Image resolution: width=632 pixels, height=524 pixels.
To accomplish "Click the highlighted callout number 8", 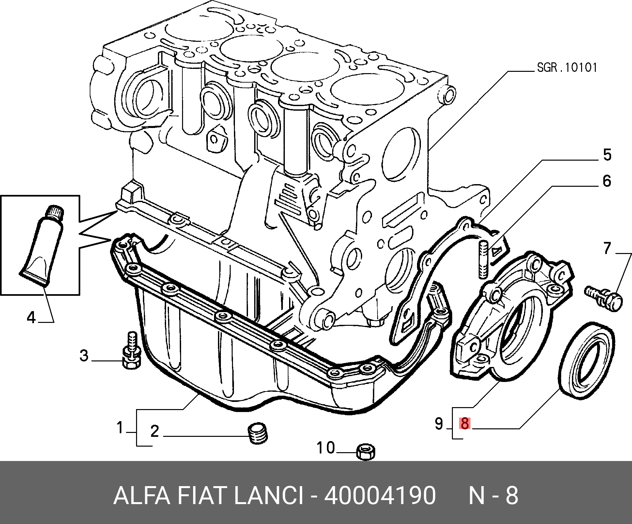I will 464,423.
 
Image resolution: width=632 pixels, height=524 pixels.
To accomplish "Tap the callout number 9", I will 439,423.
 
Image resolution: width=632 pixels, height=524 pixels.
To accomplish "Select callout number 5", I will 607,155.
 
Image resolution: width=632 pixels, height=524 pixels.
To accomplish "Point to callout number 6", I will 607,181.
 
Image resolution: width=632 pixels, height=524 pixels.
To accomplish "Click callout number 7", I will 607,248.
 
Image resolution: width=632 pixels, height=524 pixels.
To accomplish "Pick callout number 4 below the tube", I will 31,317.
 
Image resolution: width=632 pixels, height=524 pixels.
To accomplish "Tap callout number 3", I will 84,355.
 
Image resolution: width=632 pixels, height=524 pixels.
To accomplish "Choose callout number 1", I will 120,427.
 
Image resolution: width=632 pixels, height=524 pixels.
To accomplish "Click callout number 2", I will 155,431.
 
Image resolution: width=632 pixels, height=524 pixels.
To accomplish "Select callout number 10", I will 326,448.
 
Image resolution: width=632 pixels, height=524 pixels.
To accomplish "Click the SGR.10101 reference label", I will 567,68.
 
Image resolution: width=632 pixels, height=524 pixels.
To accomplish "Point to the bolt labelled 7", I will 604,298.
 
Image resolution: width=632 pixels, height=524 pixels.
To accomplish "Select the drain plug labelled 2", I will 258,433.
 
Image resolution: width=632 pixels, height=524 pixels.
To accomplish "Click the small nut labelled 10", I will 366,452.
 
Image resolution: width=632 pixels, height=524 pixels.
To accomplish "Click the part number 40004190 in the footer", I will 380,495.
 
